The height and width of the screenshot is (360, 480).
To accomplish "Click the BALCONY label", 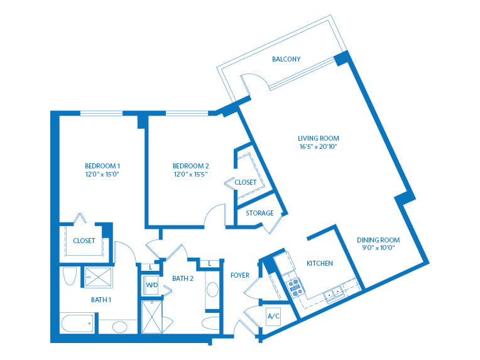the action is [286, 59].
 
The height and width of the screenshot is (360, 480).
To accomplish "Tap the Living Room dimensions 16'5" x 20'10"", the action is [318, 146].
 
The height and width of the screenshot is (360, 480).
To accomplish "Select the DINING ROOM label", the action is [378, 240].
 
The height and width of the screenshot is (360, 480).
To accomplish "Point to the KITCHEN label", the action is [320, 263].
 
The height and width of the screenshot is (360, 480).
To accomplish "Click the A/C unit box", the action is [273, 316].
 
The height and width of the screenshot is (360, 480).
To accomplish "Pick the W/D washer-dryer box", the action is [151, 285].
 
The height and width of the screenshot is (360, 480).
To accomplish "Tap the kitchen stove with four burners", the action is [296, 288].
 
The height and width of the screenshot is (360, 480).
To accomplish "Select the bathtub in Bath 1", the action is [77, 324].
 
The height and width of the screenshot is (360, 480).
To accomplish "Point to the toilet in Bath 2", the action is [210, 324].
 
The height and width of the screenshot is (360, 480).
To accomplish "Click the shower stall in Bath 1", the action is [99, 277].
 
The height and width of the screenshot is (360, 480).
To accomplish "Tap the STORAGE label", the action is [259, 213].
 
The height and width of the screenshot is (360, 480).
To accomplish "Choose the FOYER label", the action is [240, 276].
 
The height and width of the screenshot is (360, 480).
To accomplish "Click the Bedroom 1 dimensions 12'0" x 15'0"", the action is [102, 175].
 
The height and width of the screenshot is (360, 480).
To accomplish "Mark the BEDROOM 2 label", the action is [191, 166].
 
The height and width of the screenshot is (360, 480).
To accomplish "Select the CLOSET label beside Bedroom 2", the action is [245, 182].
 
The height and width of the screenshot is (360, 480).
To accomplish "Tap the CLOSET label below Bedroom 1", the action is [84, 241].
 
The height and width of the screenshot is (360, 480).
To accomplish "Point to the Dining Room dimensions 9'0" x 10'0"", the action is [378, 248].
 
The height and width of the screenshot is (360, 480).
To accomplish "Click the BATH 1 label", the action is [101, 300].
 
